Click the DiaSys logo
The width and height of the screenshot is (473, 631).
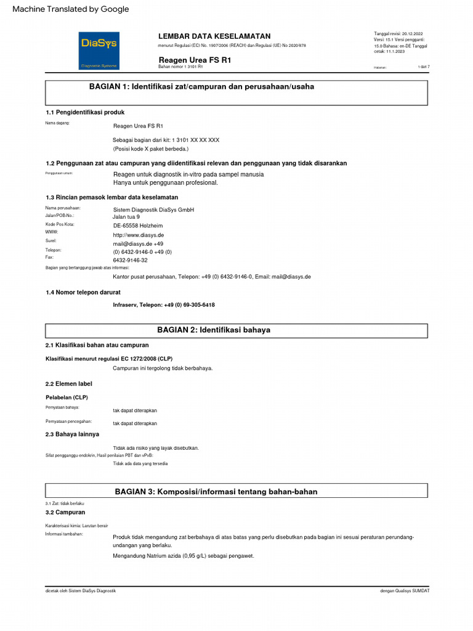point(99,50)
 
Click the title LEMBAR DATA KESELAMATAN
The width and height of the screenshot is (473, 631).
point(214,36)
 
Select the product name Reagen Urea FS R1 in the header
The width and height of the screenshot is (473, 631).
point(195,59)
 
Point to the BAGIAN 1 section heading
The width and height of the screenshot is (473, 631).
point(201,87)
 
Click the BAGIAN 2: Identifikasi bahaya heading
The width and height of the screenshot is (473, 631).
point(214,330)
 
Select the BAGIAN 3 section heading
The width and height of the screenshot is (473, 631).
point(216,491)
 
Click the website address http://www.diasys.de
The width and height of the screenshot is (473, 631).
point(138,235)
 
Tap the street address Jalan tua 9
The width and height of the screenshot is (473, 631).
point(126,217)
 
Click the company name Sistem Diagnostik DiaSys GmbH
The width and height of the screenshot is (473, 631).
point(153,210)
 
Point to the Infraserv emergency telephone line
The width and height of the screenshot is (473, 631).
point(164,305)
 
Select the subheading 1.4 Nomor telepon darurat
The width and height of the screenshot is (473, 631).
point(83,292)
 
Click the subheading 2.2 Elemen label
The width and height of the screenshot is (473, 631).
point(69,384)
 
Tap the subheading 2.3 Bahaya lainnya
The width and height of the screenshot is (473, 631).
point(72,434)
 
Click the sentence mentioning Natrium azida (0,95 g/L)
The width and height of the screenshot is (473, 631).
point(183,555)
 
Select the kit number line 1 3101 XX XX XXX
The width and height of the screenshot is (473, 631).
point(166,140)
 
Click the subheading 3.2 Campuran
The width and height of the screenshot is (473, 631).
point(65,512)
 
